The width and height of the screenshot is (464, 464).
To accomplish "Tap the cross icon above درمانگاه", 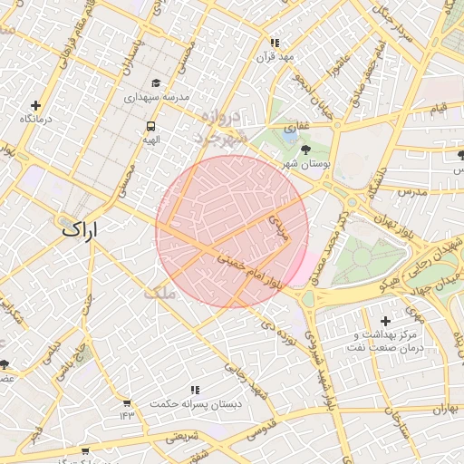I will point(35,106).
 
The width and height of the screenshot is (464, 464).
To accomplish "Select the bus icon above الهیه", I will point(150,127).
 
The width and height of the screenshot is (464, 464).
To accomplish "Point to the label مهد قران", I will point(275,56).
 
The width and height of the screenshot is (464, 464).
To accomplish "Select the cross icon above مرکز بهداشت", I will point(386,321).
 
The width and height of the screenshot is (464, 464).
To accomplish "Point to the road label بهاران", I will point(447,410).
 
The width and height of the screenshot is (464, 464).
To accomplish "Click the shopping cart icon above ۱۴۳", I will point(126,401).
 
